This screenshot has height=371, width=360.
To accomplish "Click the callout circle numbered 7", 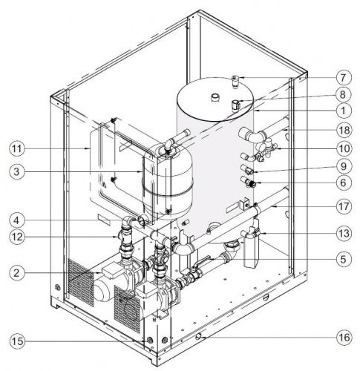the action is tap(344, 78).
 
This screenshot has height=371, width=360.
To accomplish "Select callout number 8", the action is tap(344, 94).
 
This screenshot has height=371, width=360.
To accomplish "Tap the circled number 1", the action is tap(344, 111).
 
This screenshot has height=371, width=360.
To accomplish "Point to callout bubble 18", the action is tap(344, 130).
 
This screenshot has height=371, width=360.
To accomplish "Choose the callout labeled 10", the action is tap(344, 148).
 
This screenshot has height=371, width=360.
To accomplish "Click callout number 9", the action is tap(344, 166).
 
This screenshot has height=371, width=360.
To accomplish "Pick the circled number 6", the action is tap(344, 183).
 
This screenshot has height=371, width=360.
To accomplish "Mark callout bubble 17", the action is tap(344, 206).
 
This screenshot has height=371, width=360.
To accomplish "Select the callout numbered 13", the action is tap(344, 233).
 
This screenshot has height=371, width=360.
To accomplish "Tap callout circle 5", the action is tap(344, 259).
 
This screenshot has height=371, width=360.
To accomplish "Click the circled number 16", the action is tap(344, 338).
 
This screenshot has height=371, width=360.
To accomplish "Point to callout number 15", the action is tap(17, 341).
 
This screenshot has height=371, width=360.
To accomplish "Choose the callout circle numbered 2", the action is tap(17, 273).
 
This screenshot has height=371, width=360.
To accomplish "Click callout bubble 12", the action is tap(17, 237).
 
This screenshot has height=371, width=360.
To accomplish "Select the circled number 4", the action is tap(17, 220).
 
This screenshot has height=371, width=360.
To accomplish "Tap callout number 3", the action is tap(17, 171).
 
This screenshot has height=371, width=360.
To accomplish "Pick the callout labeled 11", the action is tap(17, 148).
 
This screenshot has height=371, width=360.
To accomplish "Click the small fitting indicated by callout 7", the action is tap(235, 82).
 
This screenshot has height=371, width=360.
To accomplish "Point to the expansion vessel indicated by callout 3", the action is tap(168, 182).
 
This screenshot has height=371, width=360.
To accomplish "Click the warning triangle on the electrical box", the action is tap(105, 185).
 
